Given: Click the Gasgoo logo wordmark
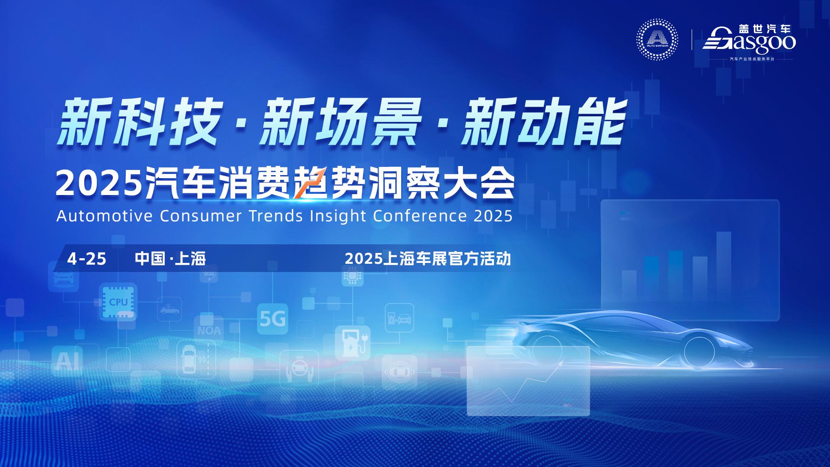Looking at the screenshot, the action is [x=749, y=39].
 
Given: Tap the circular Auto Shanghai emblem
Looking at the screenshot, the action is [x=657, y=39].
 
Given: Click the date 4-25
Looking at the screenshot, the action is [x=86, y=259].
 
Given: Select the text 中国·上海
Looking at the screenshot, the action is [x=170, y=259].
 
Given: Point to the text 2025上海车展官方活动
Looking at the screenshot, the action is [x=428, y=259].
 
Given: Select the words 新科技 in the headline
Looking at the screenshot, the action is [x=137, y=121].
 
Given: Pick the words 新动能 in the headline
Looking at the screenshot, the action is [x=543, y=121].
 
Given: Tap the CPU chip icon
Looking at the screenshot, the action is [x=118, y=302].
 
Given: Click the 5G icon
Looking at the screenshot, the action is [x=272, y=320].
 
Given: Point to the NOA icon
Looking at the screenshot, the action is [x=209, y=330].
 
